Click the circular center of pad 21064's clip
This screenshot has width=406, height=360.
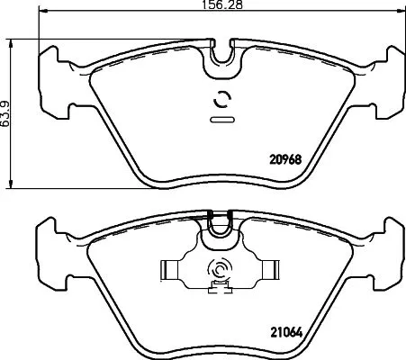tap(220, 269)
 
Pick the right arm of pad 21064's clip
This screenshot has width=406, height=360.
tap(266, 269)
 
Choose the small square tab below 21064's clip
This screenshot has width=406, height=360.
tap(217, 288)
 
